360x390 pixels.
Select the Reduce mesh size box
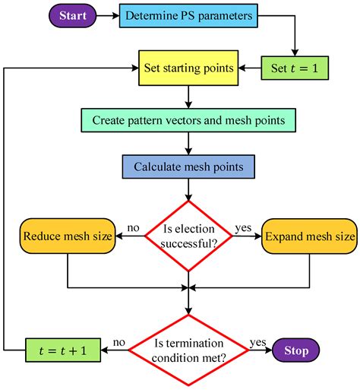[x=68, y=236]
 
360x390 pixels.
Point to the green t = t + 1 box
[x=57, y=350]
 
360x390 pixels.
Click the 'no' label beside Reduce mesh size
[x=132, y=227]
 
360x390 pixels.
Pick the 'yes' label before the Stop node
[x=258, y=342]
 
